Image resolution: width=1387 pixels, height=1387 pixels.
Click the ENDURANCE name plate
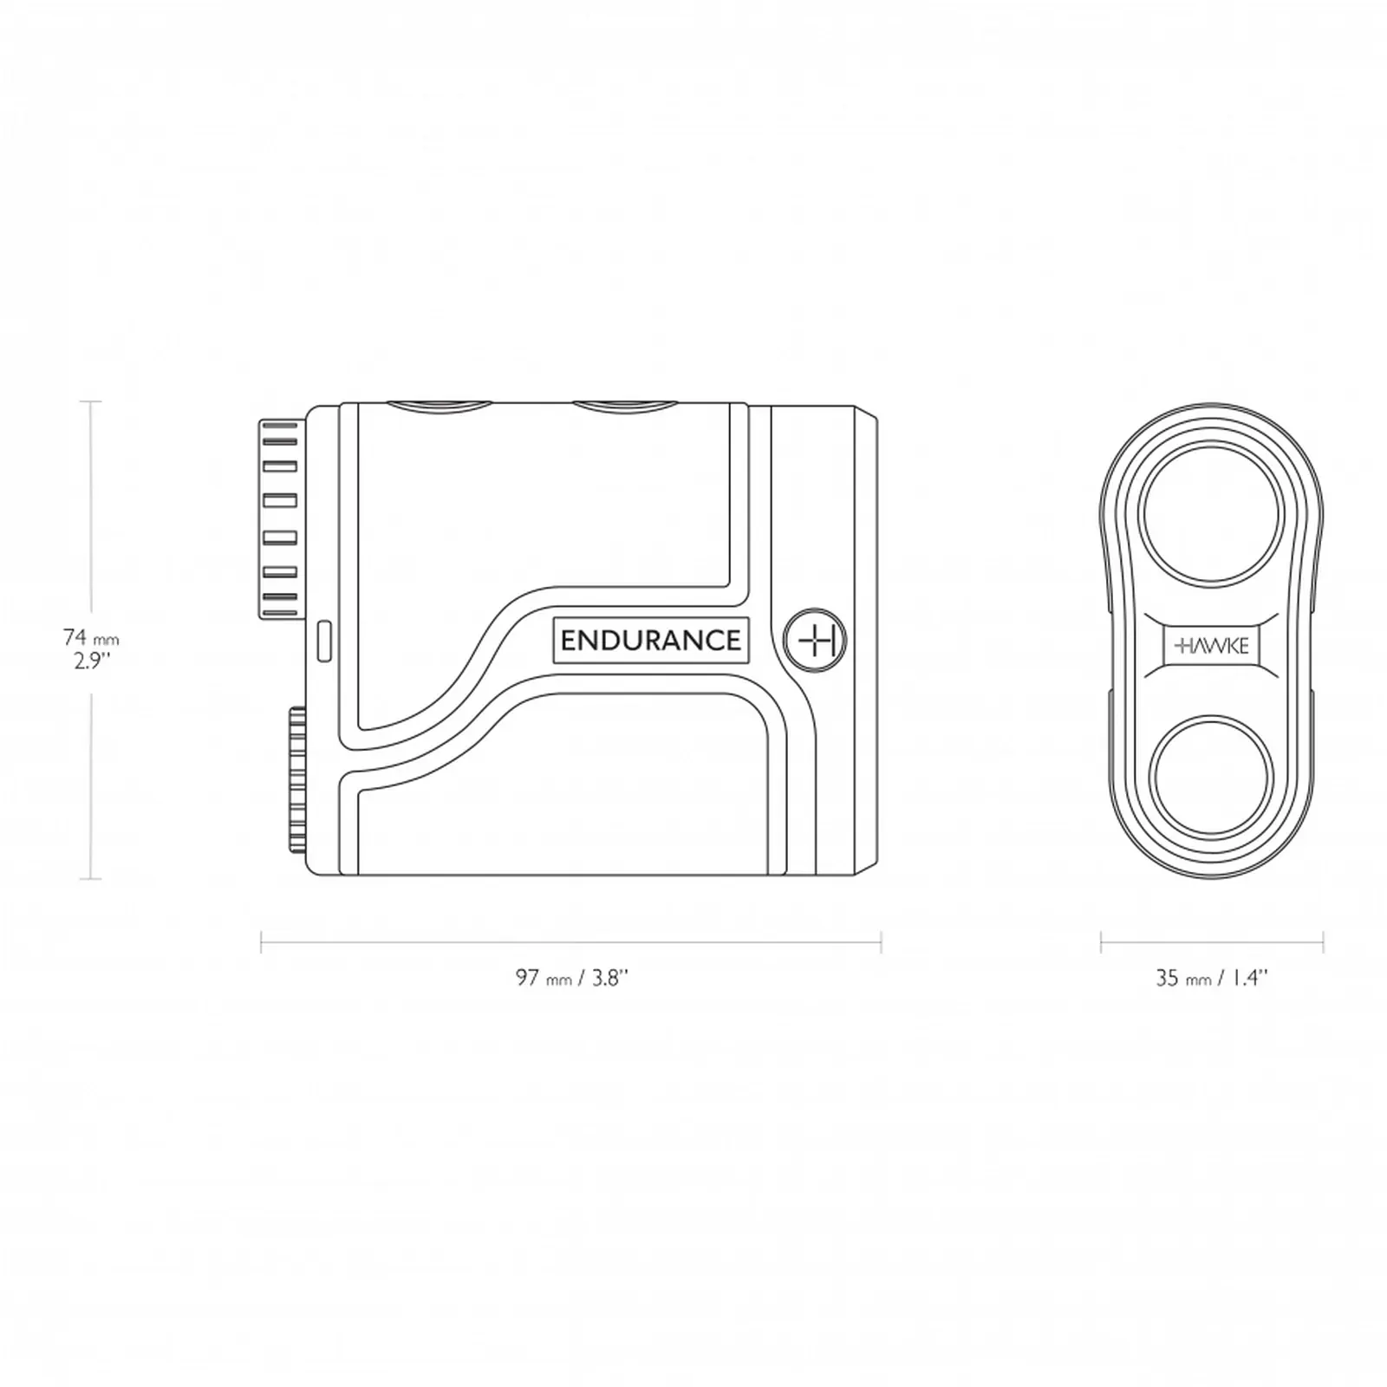pos(650,641)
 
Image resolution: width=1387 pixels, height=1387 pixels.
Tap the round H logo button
pos(815,640)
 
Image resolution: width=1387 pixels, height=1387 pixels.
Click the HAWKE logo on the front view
pos(1211,646)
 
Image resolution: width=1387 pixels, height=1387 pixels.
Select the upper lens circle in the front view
pos(1211,515)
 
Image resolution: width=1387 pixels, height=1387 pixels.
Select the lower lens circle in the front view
pos(1211,774)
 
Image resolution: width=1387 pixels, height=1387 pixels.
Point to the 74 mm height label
pos(91,638)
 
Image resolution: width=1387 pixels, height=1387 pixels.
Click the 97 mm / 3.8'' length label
pos(571,978)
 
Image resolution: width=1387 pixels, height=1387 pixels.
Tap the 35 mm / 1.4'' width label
pos(1211,978)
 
